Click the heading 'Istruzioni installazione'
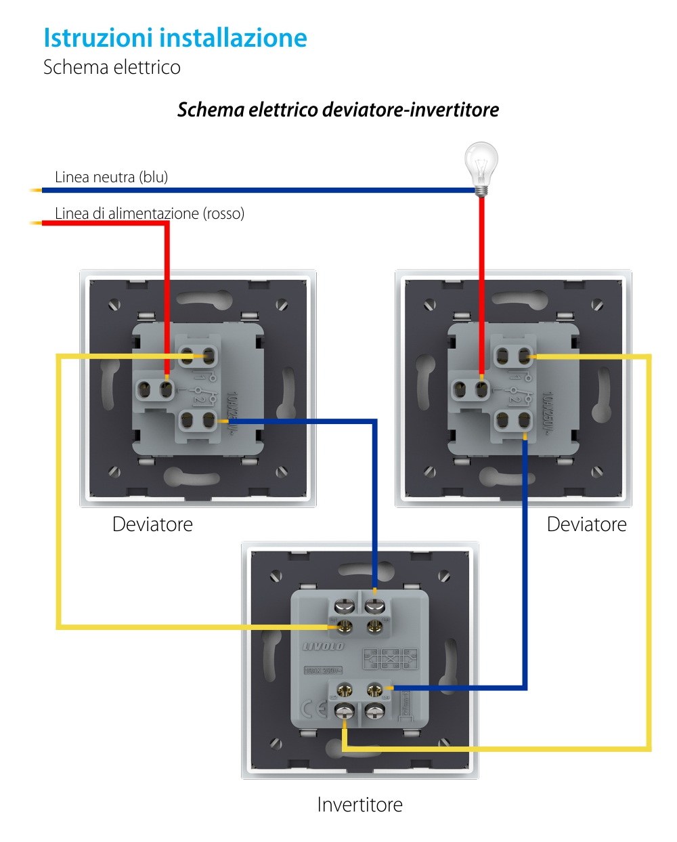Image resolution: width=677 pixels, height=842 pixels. (175, 38)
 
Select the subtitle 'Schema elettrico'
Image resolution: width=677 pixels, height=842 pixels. (112, 67)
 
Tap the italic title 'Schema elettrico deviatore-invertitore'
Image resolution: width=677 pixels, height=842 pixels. (338, 110)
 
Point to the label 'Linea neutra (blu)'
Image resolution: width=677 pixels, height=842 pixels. (111, 177)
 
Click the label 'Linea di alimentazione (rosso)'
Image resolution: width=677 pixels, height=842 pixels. (149, 213)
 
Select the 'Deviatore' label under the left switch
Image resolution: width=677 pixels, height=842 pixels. (152, 524)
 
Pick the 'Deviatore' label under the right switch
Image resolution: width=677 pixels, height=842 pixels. (586, 524)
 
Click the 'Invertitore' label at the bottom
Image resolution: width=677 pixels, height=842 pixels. (359, 805)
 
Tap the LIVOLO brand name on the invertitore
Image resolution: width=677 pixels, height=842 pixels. (324, 646)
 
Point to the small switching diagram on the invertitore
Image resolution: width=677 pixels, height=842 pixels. (390, 658)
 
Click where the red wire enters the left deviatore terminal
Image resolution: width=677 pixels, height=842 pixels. (167, 387)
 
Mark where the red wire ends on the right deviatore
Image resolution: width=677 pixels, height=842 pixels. (481, 387)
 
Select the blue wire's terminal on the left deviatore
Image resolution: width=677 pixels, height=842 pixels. (209, 421)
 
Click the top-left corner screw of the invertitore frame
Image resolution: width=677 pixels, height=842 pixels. (276, 576)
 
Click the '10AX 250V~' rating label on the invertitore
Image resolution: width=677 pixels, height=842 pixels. (323, 671)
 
